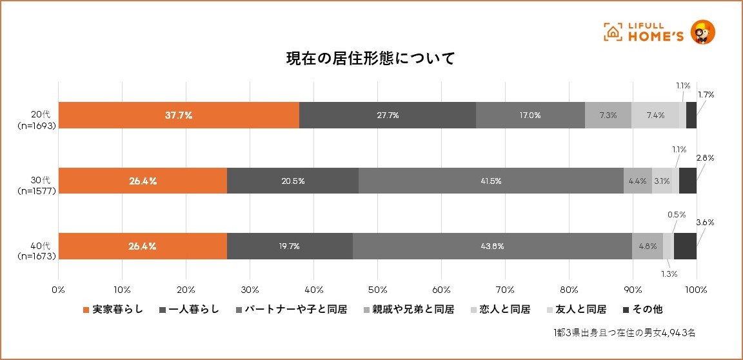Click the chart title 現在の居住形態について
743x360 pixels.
(x=371, y=59)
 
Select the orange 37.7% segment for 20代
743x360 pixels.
(x=179, y=115)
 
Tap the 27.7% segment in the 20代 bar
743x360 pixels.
(x=388, y=115)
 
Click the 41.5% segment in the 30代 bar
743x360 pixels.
(x=491, y=181)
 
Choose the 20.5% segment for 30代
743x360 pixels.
(x=293, y=181)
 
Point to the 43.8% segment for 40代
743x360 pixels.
(x=492, y=246)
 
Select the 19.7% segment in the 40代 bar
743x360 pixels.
(x=290, y=246)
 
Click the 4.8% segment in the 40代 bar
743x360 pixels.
(x=648, y=246)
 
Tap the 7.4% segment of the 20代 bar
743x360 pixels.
(x=655, y=115)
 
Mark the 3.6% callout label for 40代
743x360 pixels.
(x=706, y=223)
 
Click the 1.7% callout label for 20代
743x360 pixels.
(x=706, y=95)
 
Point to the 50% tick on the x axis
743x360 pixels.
(x=377, y=288)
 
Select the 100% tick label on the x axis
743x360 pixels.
(x=697, y=288)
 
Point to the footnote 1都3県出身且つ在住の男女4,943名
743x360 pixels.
(x=624, y=333)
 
